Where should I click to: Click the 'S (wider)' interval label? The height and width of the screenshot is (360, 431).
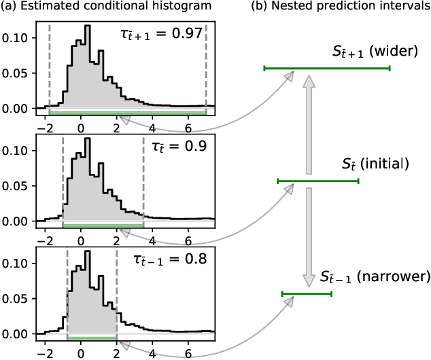pyautogui.click(x=370, y=51)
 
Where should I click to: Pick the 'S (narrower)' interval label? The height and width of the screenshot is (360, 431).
pyautogui.click(x=375, y=277)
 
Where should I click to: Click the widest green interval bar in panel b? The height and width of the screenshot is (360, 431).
pyautogui.click(x=327, y=68)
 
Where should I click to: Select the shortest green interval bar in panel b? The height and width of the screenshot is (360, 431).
pyautogui.click(x=307, y=293)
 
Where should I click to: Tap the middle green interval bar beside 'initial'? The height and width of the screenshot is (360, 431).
pyautogui.click(x=317, y=181)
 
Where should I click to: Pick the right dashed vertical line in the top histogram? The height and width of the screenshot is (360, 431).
pyautogui.click(x=206, y=68)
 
